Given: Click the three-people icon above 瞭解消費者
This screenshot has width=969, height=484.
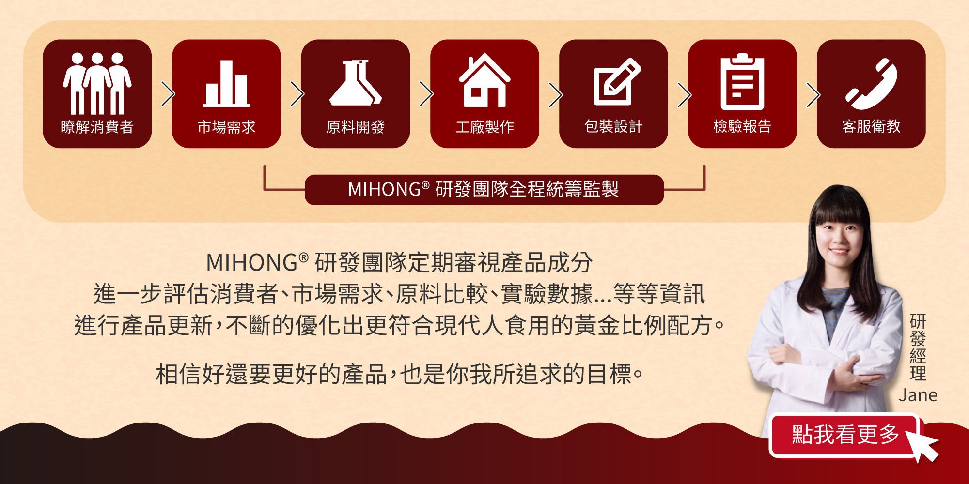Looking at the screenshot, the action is pyautogui.click(x=97, y=83).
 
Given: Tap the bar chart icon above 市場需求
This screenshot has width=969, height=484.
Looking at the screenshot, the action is pyautogui.click(x=226, y=83).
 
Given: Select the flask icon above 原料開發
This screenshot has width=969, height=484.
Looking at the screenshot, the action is pyautogui.click(x=355, y=82).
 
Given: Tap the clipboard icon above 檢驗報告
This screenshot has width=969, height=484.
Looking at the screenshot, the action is pyautogui.click(x=742, y=81).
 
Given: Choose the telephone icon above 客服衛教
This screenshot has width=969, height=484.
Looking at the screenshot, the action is pyautogui.click(x=871, y=84).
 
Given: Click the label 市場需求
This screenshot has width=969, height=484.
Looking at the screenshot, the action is pyautogui.click(x=226, y=127).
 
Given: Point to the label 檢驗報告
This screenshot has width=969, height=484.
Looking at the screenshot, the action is pyautogui.click(x=742, y=127).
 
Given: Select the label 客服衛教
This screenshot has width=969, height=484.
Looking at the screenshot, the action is pyautogui.click(x=871, y=127).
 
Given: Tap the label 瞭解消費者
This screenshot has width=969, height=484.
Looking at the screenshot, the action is pyautogui.click(x=97, y=127).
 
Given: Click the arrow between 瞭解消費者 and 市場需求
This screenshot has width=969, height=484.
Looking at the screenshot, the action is pyautogui.click(x=168, y=94).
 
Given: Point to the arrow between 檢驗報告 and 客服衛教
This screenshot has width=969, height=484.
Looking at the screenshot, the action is pyautogui.click(x=813, y=94).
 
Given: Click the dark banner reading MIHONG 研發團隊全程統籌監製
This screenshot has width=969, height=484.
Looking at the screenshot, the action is pyautogui.click(x=484, y=190).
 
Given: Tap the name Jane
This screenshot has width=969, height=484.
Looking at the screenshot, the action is pyautogui.click(x=918, y=395).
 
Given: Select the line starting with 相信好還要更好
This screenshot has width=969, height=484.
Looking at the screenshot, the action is pyautogui.click(x=399, y=374).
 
